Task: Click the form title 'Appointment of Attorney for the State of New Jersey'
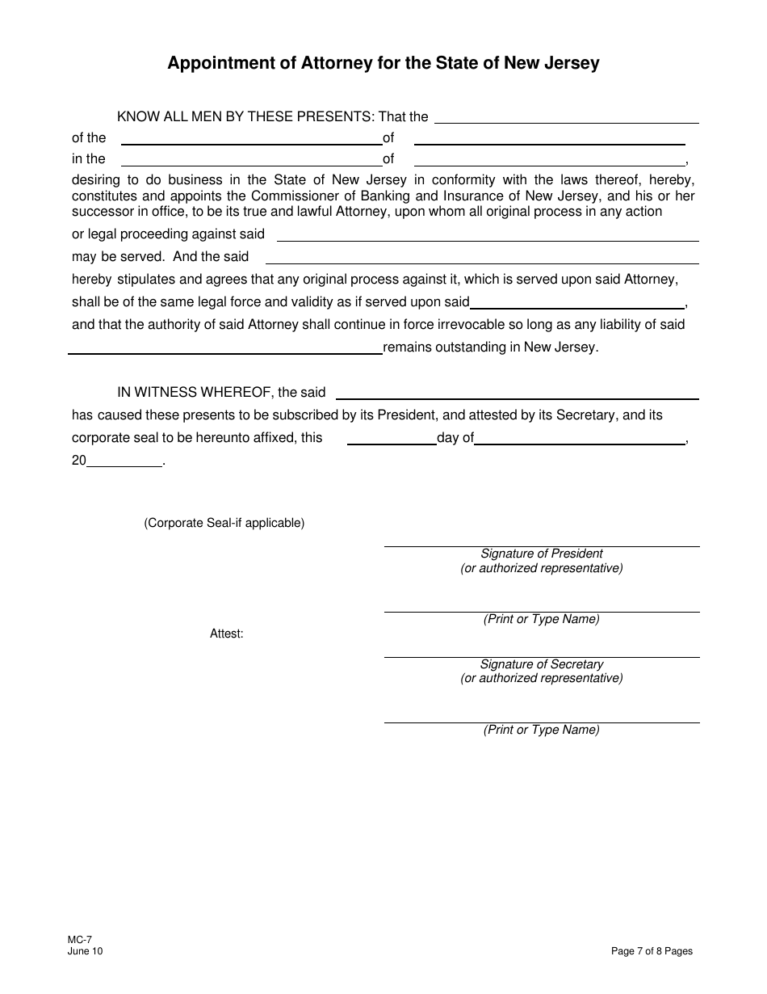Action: tap(383, 63)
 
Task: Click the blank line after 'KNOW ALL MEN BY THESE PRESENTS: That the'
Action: tap(566, 118)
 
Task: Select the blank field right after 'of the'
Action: tap(251, 139)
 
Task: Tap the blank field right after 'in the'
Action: tap(251, 160)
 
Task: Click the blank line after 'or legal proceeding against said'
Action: tap(488, 235)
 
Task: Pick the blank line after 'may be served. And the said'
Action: tap(482, 258)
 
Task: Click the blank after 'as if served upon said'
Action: tap(576, 303)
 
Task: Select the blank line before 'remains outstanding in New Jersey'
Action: tap(225, 348)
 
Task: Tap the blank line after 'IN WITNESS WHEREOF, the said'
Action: tap(517, 394)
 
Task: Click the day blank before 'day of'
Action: tap(392, 439)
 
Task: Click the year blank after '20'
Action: tap(124, 461)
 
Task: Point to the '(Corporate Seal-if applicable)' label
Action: tap(224, 523)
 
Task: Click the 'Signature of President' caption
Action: tap(542, 554)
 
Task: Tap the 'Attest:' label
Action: tap(227, 634)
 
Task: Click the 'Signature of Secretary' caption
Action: tap(542, 664)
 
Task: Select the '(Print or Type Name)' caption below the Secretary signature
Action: tap(542, 730)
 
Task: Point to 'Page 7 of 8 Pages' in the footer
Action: tap(652, 951)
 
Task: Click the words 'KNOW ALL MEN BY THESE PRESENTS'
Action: tap(245, 116)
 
